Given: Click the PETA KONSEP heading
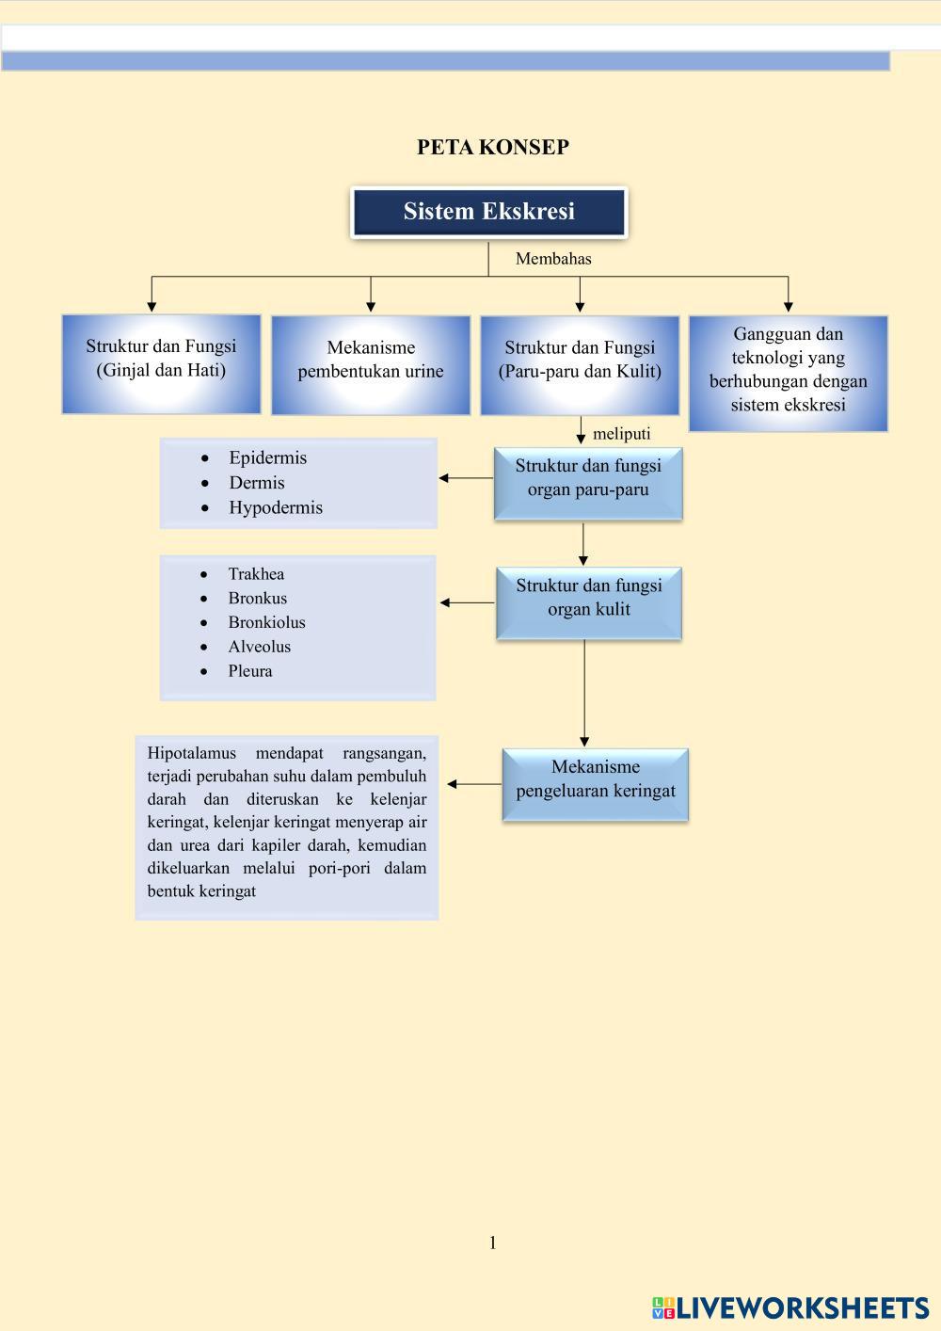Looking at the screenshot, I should tap(492, 147).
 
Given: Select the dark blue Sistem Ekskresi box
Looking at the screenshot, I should tap(488, 212).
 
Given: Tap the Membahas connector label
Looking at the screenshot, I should tap(553, 259).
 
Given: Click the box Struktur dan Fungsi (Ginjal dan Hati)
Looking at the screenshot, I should tap(161, 363).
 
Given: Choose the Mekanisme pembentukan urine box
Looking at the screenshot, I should tap(371, 364).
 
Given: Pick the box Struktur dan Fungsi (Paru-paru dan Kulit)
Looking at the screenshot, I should tap(580, 364).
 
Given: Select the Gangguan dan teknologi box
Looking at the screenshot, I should tap(788, 373).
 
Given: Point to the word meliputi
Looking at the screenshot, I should tap(621, 434).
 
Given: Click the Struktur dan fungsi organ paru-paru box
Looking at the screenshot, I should tap(588, 482).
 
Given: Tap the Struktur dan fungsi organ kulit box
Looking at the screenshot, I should tap(588, 602).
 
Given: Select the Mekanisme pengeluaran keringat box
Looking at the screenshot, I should tap(595, 783).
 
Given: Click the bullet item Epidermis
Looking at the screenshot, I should tap(267, 458).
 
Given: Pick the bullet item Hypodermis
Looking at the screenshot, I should tap(275, 507).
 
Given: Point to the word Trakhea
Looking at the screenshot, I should tap(256, 574).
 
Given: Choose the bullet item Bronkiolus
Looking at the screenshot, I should tap(266, 622).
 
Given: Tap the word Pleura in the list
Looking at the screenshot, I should tap(249, 671).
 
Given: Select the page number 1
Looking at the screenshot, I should tap(492, 1243).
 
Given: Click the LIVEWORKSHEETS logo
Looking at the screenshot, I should tap(790, 1307).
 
